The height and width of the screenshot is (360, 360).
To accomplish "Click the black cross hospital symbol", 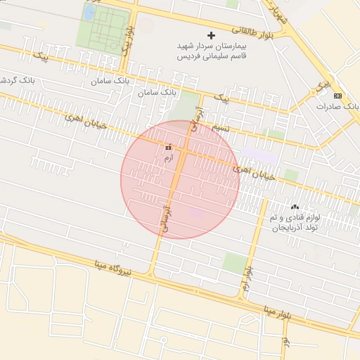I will tap(211, 35).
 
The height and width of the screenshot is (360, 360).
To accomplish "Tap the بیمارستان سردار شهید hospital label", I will tap(211, 46).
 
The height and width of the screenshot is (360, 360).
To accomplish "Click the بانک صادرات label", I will tap(337, 106).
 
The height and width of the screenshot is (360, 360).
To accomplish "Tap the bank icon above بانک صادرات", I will tap(337, 95).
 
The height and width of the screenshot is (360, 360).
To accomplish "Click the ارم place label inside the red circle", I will tap(167, 159).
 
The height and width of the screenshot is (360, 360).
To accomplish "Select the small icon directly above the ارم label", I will tap(167, 148).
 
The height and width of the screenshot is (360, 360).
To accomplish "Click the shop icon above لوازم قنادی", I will tap(295, 207).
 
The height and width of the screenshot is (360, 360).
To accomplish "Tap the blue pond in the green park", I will tap(90, 13).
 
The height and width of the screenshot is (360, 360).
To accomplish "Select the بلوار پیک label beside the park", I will tap(127, 41).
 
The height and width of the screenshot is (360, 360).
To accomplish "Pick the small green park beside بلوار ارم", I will tap(235, 263).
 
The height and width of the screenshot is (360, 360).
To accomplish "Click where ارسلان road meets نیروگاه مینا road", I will tap(152, 275).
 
